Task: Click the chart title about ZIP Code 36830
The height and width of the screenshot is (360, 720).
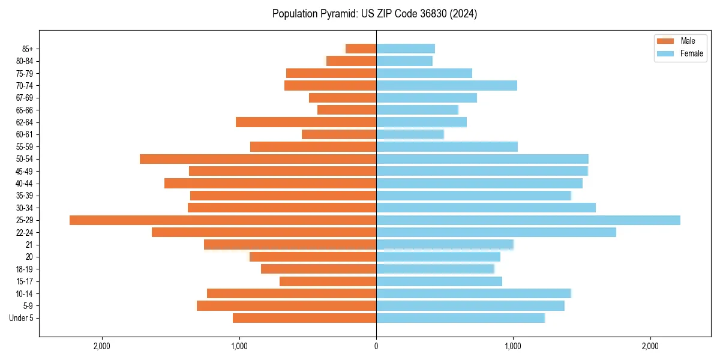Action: pyautogui.click(x=374, y=14)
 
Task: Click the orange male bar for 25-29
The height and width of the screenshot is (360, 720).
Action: pyautogui.click(x=223, y=220)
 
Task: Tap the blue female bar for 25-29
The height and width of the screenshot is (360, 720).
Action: pyautogui.click(x=528, y=220)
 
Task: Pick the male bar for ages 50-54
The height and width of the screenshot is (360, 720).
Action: pyautogui.click(x=258, y=159)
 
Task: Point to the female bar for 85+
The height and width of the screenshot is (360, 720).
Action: pyautogui.click(x=406, y=49)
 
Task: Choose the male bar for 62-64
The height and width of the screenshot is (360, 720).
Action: pyautogui.click(x=306, y=122)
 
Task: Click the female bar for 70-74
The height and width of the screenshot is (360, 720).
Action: pyautogui.click(x=446, y=86)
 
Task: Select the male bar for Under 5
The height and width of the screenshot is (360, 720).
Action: pyautogui.click(x=304, y=318)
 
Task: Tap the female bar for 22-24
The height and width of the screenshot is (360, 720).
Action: pyautogui.click(x=496, y=232)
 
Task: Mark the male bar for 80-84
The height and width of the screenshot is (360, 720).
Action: pyautogui.click(x=352, y=61)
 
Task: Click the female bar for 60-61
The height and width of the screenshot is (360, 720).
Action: pyautogui.click(x=410, y=134)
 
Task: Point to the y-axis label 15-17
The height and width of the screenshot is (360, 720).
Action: pyautogui.click(x=25, y=281)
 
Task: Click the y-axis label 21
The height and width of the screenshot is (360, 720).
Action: pyautogui.click(x=29, y=245)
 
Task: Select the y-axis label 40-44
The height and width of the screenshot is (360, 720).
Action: pyautogui.click(x=25, y=184)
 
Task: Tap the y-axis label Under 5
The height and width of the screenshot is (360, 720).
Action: pyautogui.click(x=22, y=318)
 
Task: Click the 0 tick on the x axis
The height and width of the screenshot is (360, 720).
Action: pyautogui.click(x=376, y=346)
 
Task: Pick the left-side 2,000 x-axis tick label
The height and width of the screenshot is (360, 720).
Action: pyautogui.click(x=102, y=346)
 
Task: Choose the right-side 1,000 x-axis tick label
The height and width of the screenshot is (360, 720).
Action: pyautogui.click(x=513, y=346)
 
